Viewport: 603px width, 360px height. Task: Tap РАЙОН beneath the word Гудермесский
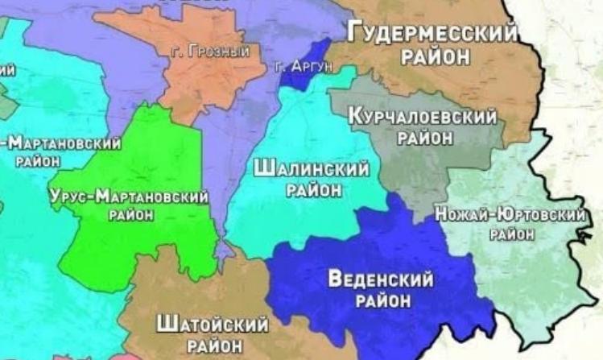[x=432, y=57]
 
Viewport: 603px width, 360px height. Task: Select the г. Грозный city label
[x=210, y=52]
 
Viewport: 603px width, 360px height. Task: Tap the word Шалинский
[x=312, y=169]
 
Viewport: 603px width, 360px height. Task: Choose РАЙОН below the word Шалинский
[x=313, y=190]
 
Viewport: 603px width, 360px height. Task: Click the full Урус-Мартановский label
[x=129, y=197]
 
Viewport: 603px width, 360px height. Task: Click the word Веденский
[x=381, y=279]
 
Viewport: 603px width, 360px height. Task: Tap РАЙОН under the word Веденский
[x=381, y=300]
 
